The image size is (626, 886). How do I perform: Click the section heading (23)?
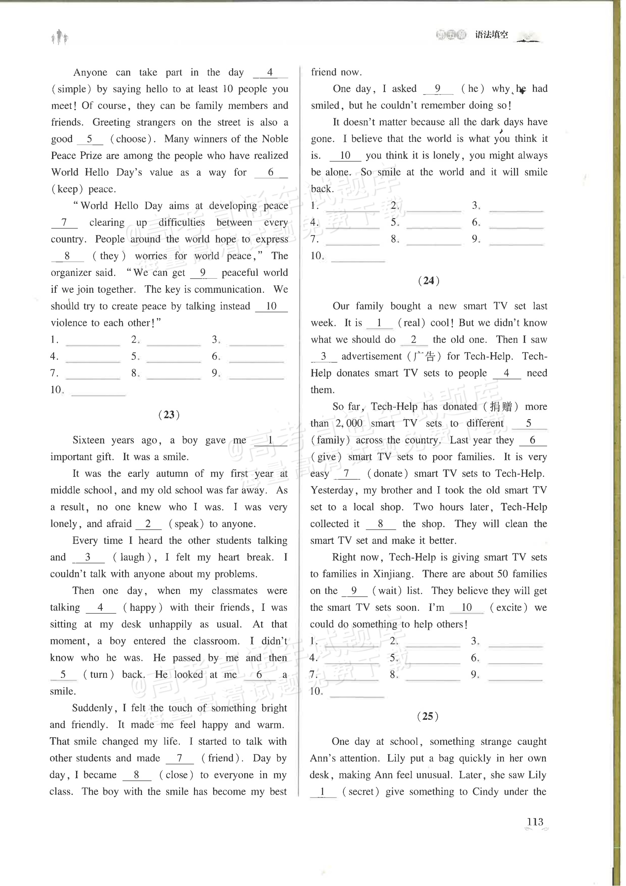tap(169, 414)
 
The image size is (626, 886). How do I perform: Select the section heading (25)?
tap(428, 716)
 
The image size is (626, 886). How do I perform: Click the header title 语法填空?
tap(492, 35)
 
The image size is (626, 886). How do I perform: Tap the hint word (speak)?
tap(186, 524)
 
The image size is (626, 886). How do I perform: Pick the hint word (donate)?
tap(387, 473)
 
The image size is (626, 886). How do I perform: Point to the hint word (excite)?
tap(508, 607)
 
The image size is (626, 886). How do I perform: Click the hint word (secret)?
tap(361, 792)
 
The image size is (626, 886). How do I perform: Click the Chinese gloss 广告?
tap(424, 356)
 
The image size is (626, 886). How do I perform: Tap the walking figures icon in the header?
tap(60, 38)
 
